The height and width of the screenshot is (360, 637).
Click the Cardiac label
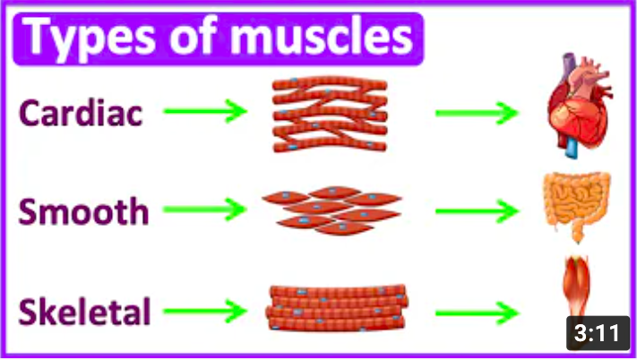click(x=81, y=113)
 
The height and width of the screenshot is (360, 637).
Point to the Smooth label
click(x=84, y=213)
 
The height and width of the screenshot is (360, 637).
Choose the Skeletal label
click(x=85, y=313)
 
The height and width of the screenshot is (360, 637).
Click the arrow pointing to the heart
click(x=477, y=113)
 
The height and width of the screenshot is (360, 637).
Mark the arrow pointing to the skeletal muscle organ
click(x=477, y=313)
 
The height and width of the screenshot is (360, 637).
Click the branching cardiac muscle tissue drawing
click(x=330, y=111)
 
